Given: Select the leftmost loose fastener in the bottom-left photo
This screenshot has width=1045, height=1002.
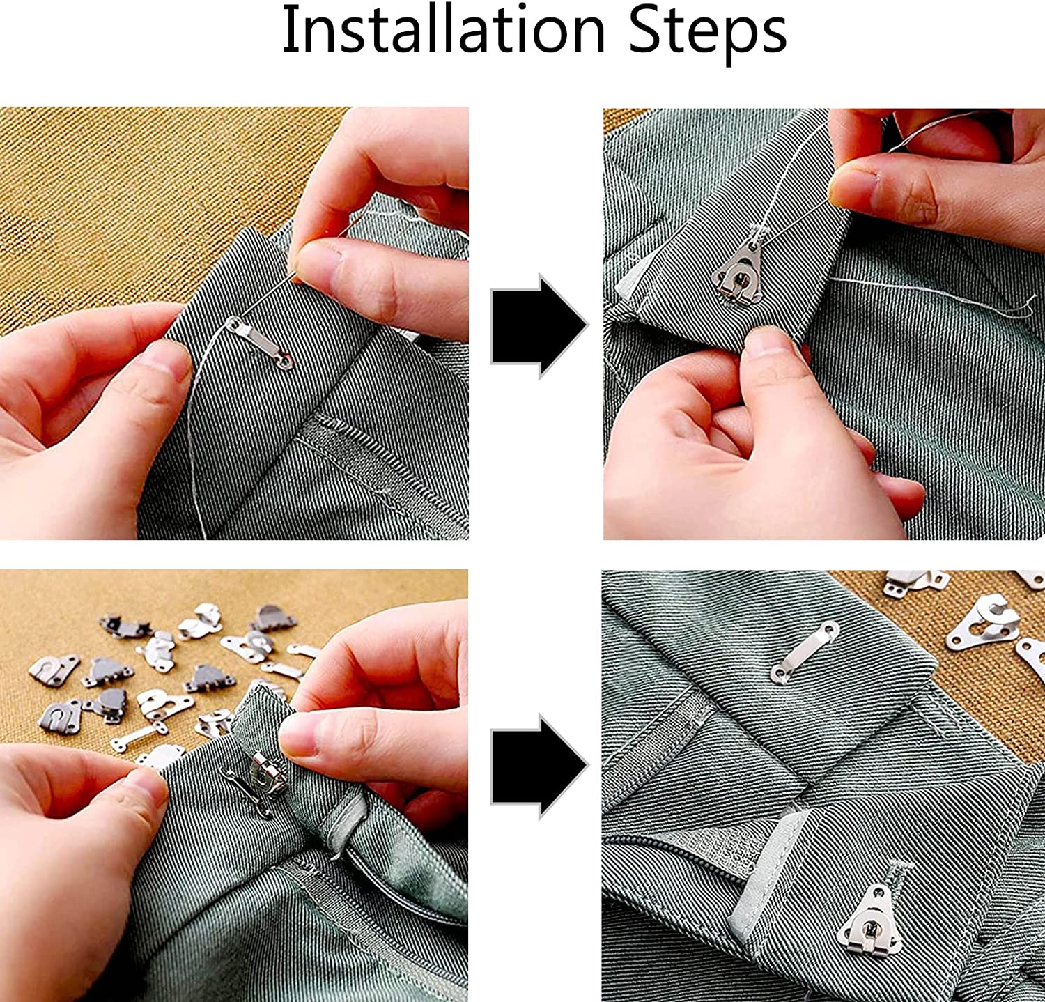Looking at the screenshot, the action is pos(54,669).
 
